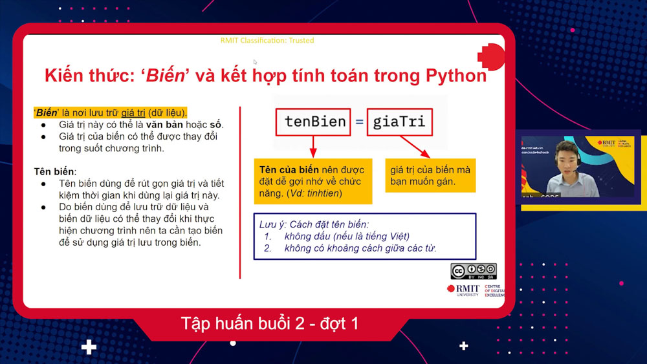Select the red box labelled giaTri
pyautogui.click(x=399, y=122)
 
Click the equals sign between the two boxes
pyautogui.click(x=358, y=122)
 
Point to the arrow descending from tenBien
pyautogui.click(x=312, y=146)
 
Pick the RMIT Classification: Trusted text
pyautogui.click(x=267, y=40)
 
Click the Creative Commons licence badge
pyautogui.click(x=474, y=271)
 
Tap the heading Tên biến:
pyautogui.click(x=55, y=171)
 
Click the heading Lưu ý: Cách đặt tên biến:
pyautogui.click(x=314, y=224)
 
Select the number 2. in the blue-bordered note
pyautogui.click(x=268, y=248)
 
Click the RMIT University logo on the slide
pyautogui.click(x=463, y=290)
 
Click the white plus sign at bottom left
pyautogui.click(x=89, y=347)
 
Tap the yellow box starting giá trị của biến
pyautogui.click(x=430, y=176)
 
